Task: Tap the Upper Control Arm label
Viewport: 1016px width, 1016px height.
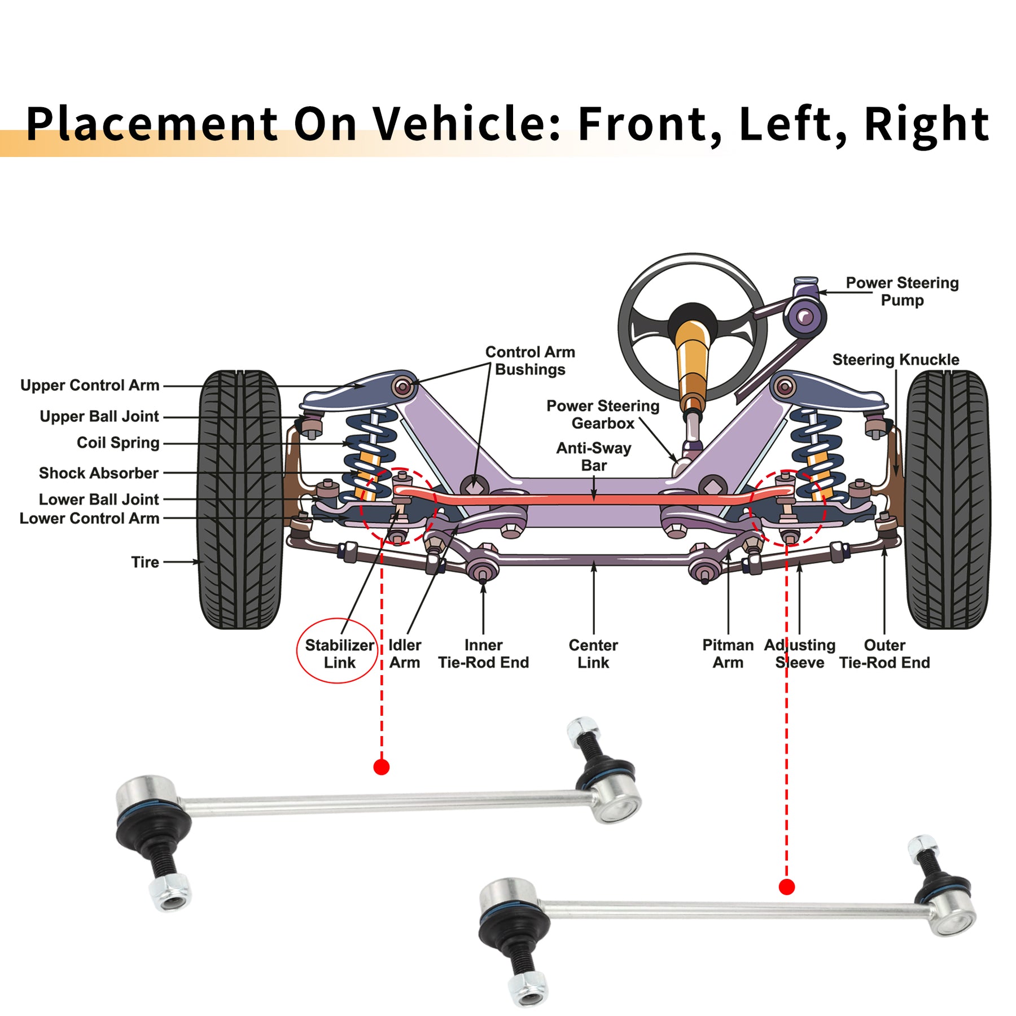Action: point(90,386)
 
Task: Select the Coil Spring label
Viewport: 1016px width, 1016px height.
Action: point(118,443)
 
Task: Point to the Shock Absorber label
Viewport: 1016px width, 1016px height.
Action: point(99,473)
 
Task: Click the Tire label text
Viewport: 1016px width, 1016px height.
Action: point(145,562)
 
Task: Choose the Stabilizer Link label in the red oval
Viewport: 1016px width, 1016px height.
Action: point(339,654)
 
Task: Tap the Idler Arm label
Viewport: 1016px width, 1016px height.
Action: point(405,654)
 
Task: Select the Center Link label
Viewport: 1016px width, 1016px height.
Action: point(593,654)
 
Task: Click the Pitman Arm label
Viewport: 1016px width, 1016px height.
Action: point(728,654)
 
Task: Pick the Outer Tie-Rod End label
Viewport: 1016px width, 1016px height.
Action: point(884,654)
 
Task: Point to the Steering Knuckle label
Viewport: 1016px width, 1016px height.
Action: point(896,360)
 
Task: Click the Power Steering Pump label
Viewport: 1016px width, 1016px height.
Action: point(902,291)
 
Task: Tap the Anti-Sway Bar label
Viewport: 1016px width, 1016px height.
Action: point(594,457)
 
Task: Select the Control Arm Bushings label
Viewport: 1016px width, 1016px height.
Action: point(530,361)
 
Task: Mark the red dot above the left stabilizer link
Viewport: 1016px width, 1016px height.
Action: point(382,767)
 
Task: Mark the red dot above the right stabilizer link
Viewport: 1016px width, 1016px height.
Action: point(787,887)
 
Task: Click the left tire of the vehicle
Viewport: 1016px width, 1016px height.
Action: point(240,500)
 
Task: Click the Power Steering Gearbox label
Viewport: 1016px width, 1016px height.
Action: point(603,414)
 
